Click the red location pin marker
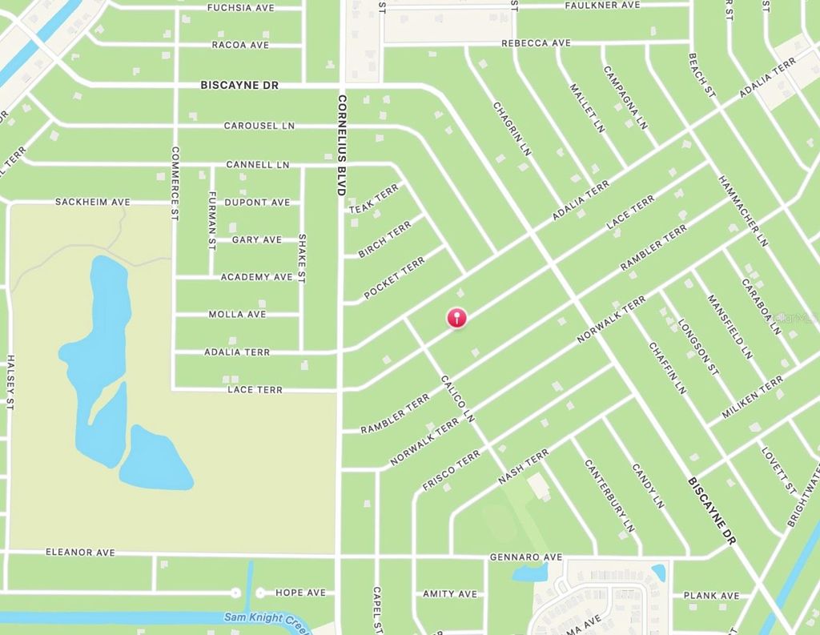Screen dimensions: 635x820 (x=456, y=317)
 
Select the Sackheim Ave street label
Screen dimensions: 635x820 (x=92, y=202)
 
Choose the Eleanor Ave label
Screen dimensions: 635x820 (x=80, y=553)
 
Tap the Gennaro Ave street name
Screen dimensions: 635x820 (x=526, y=557)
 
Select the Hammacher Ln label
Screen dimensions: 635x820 (x=743, y=211)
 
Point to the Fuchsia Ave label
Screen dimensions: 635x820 (x=240, y=7)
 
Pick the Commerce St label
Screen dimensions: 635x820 (x=175, y=183)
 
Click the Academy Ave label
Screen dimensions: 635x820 (x=257, y=277)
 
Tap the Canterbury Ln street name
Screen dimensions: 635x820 (x=609, y=496)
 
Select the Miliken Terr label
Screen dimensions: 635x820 (x=752, y=398)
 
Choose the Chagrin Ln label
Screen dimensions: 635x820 (x=512, y=128)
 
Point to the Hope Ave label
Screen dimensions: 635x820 (x=300, y=593)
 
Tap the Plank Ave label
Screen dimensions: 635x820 (x=711, y=596)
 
